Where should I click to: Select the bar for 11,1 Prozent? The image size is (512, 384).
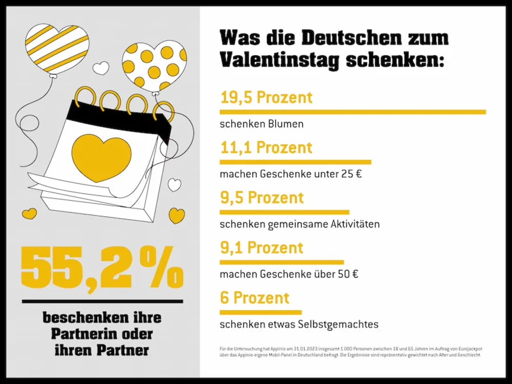click(295, 162)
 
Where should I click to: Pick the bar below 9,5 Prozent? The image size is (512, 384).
click(284, 211)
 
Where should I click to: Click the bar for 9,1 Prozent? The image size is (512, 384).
click(282, 262)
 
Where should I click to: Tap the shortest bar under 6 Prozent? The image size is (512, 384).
click(261, 312)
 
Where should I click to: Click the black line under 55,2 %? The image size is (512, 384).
click(102, 301)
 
